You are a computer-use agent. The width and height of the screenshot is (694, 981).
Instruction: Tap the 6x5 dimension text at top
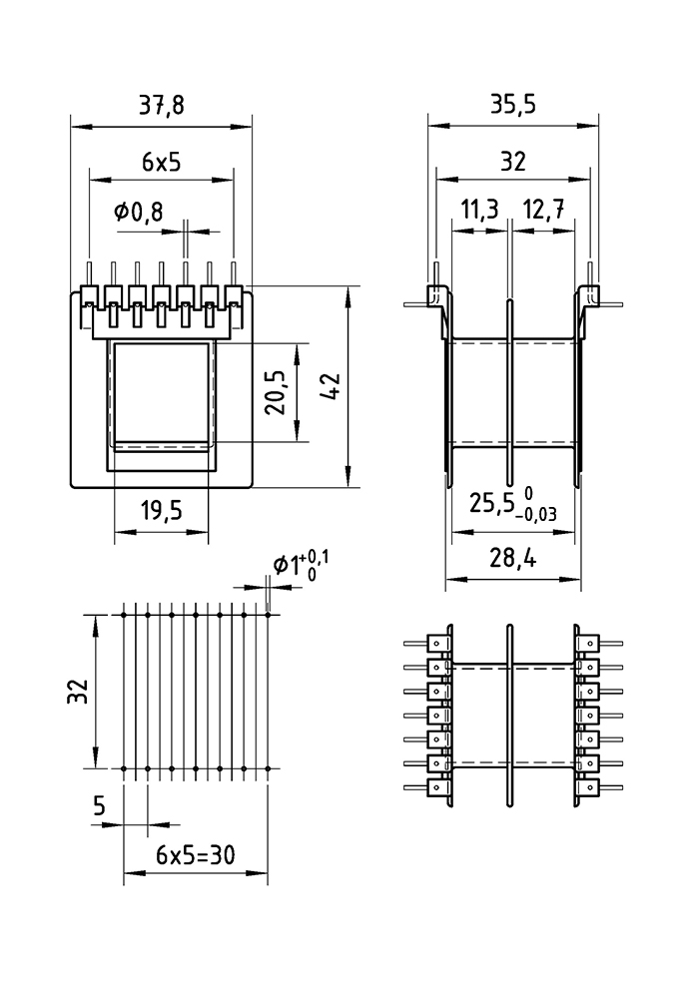click(x=161, y=162)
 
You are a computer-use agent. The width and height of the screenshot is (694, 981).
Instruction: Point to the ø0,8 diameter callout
click(x=138, y=212)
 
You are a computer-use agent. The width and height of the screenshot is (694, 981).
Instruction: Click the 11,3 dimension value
click(x=479, y=212)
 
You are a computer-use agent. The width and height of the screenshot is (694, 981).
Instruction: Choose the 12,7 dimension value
click(x=543, y=212)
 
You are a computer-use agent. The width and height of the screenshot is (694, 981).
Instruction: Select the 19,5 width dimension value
click(x=161, y=512)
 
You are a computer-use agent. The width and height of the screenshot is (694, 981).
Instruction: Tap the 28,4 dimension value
click(x=513, y=560)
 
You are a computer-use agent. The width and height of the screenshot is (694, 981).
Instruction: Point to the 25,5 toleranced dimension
click(x=491, y=503)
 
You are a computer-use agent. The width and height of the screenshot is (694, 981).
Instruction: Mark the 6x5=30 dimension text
click(x=195, y=857)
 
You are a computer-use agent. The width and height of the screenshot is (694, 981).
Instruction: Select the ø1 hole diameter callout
click(x=287, y=566)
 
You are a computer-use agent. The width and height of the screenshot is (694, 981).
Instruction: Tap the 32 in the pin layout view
click(x=81, y=692)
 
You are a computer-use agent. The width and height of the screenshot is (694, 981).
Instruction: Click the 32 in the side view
click(x=513, y=162)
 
